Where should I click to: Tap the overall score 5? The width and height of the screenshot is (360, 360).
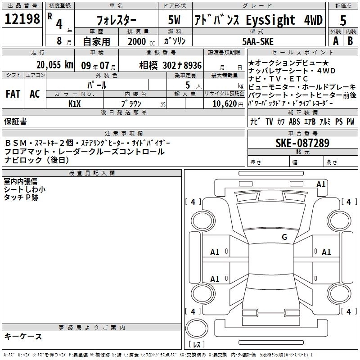click(343, 20)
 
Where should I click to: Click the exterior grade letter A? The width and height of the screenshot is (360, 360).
click(335, 40)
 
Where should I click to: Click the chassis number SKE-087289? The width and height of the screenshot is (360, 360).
click(302, 144)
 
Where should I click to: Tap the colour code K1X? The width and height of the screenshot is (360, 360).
click(75, 103)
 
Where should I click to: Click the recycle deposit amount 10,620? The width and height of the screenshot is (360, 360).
click(224, 103)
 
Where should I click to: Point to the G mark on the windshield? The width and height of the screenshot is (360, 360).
click(284, 237)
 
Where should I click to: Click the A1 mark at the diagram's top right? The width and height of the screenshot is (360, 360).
click(321, 184)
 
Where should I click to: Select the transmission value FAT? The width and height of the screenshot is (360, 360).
click(13, 94)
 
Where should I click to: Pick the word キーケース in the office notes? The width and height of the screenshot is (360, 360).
click(23, 336)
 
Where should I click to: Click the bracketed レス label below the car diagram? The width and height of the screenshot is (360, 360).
click(197, 345)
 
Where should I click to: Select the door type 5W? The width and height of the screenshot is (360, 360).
click(175, 21)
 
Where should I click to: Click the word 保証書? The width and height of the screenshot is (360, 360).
click(15, 121)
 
